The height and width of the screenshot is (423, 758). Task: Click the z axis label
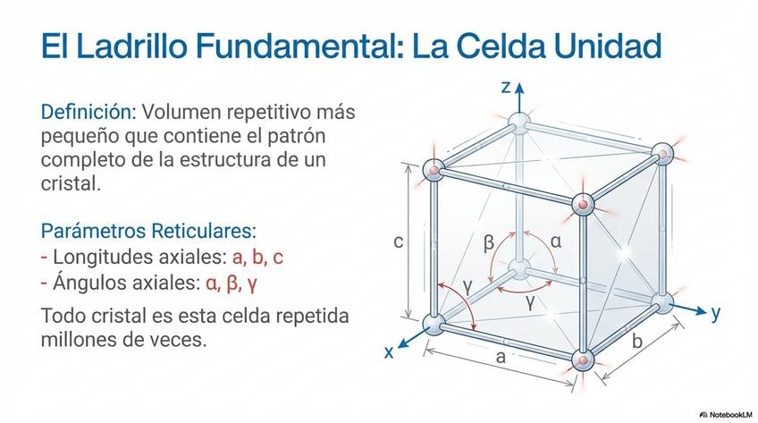(x=506, y=88)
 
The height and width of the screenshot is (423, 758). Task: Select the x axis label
(x=389, y=351)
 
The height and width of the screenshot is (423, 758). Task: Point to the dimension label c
(x=399, y=241)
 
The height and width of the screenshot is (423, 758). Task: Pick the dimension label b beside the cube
(x=636, y=341)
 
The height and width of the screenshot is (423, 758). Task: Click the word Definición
(x=87, y=113)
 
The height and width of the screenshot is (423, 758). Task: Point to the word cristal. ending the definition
(x=72, y=183)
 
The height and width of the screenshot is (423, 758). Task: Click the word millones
(x=86, y=340)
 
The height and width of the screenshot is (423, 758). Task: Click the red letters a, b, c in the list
(x=257, y=258)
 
